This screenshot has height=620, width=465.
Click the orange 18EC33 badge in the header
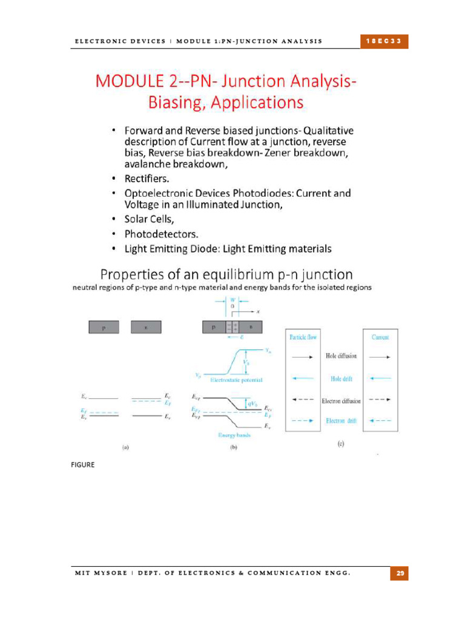(384, 41)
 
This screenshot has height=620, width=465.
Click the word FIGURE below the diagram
(82, 465)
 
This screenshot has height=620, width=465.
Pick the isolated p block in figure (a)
(104, 327)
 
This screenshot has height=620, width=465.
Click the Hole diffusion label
(341, 357)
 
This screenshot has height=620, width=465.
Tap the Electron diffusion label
(341, 400)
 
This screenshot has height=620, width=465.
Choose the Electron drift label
(341, 420)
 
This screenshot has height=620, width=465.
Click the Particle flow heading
(303, 337)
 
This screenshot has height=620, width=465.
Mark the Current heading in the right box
(381, 337)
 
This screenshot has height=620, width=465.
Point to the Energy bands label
(234, 435)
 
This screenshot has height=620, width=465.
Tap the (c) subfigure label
(341, 444)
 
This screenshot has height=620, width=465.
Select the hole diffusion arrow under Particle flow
(303, 357)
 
